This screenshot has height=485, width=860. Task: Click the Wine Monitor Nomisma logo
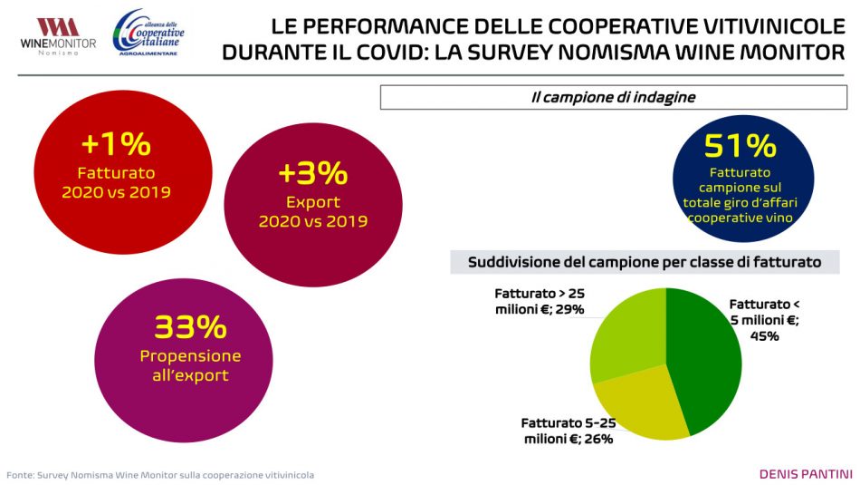click(57, 35)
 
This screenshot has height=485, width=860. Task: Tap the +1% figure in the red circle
click(115, 144)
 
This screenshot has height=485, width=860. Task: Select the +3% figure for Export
click(312, 172)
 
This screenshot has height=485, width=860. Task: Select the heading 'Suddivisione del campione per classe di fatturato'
click(645, 262)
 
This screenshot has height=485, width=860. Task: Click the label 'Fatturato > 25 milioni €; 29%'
click(540, 302)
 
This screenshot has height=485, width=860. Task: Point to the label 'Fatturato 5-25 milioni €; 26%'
click(568, 431)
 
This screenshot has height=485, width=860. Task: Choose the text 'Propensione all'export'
click(190, 365)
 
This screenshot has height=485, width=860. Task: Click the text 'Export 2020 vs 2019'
click(312, 211)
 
